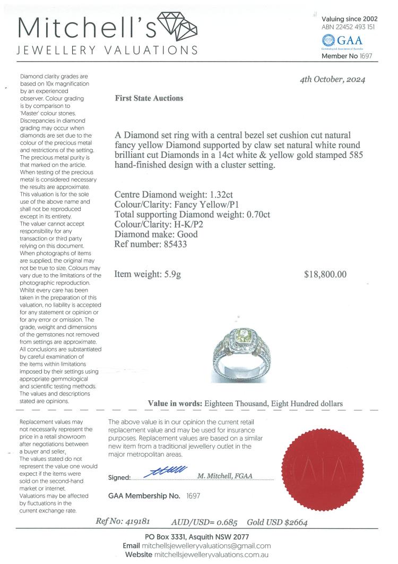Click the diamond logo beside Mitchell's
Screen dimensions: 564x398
click(179, 26)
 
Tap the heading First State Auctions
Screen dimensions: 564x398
click(149, 98)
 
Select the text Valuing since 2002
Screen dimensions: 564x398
click(349, 19)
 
